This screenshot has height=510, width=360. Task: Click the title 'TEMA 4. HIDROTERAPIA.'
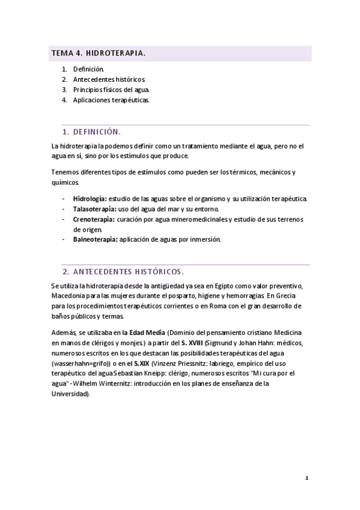point(98,54)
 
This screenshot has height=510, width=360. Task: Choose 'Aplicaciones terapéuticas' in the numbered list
point(111,100)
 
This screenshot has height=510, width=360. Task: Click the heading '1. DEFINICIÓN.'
point(92,132)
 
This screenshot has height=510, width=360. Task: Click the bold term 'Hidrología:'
point(90,198)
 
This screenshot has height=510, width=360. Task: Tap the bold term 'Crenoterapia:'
point(93,219)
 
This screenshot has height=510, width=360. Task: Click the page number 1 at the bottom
point(307,478)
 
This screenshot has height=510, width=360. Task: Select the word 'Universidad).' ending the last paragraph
point(71,394)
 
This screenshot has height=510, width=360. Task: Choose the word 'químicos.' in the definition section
point(66,182)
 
